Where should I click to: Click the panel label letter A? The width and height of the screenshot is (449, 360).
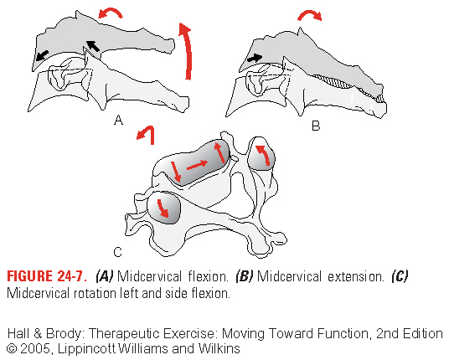click(119, 120)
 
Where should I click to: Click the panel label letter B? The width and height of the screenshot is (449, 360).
click(316, 126)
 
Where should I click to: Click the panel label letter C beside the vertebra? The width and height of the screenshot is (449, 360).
click(117, 252)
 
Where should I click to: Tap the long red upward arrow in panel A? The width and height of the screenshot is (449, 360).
click(187, 52)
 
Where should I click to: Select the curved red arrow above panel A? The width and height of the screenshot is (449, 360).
click(111, 12)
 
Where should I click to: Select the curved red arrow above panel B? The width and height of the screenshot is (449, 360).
click(310, 14)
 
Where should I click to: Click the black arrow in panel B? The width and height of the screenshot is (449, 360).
click(255, 58)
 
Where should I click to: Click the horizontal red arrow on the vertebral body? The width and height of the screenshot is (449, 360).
click(197, 165)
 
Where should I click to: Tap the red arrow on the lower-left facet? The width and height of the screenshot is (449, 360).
click(163, 208)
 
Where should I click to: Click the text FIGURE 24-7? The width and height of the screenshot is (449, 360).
click(47, 276)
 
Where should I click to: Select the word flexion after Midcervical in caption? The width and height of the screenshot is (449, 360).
click(209, 277)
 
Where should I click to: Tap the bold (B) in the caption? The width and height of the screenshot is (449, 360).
click(244, 277)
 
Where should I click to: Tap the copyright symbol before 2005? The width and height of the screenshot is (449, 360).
click(12, 349)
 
